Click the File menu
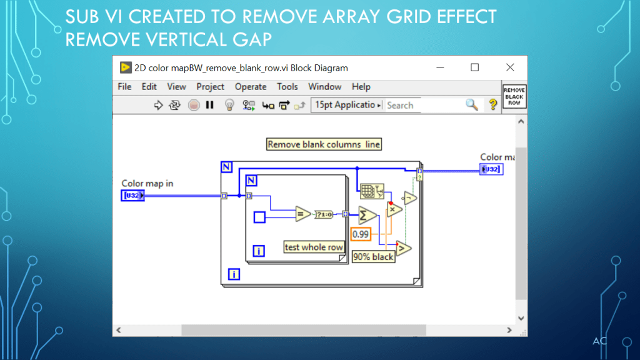tap(124, 87)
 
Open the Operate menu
tap(250, 87)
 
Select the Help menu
tap(361, 87)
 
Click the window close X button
tap(510, 67)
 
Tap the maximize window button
tap(475, 67)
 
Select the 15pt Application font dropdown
tap(346, 105)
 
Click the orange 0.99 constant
tap(361, 234)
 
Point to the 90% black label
tap(374, 256)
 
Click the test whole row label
tap(314, 247)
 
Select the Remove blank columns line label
tap(324, 144)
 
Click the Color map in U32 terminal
tap(132, 196)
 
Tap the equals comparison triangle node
tap(302, 214)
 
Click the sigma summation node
tap(367, 215)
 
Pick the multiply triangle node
tap(394, 209)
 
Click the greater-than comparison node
tap(403, 248)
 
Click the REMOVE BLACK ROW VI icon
tap(514, 97)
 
